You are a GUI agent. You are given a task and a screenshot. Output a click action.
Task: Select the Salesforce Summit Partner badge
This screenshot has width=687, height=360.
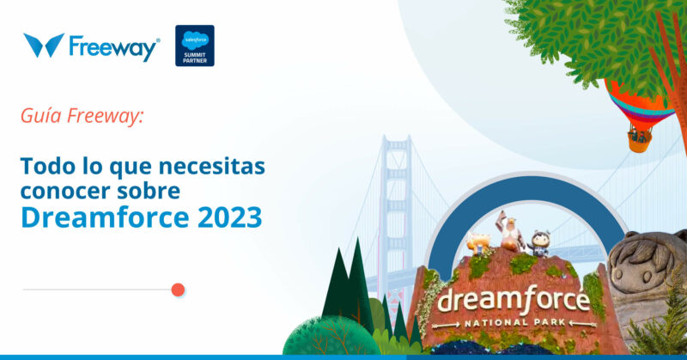(x=195, y=46)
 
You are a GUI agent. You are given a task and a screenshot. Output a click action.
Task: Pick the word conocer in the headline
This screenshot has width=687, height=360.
(x=59, y=190)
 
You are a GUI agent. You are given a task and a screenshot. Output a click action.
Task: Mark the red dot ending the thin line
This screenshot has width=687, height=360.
(x=178, y=290)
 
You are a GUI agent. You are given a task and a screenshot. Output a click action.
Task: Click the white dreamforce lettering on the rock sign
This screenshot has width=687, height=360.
(x=513, y=301)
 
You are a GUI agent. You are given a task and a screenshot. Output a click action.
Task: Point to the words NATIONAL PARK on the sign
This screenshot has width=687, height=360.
(x=513, y=323)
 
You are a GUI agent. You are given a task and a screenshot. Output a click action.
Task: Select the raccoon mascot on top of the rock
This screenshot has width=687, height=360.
(x=539, y=243)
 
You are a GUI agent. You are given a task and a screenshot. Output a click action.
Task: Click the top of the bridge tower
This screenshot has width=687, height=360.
(x=396, y=142)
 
